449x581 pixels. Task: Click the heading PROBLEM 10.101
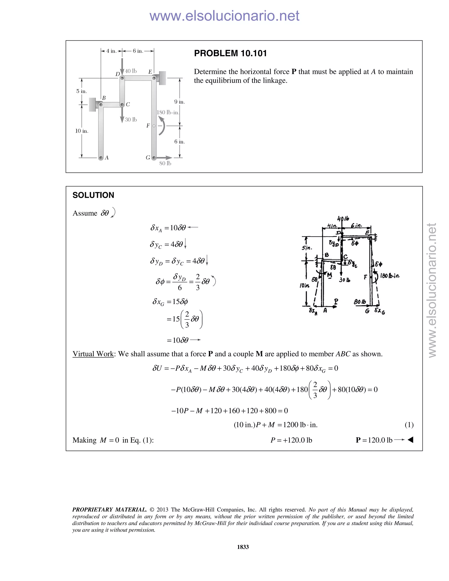230,53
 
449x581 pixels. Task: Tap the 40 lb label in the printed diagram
131,71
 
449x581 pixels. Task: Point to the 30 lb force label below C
131,120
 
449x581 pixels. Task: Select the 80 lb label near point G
165,163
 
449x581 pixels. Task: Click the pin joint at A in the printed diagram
101,158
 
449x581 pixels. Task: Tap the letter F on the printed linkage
148,126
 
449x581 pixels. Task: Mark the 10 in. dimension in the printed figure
82,131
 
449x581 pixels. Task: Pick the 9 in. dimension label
180,102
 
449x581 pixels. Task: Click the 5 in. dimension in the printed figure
82,91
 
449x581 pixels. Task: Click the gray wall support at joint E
162,78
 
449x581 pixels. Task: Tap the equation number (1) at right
409,425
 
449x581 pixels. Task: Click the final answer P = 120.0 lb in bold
374,440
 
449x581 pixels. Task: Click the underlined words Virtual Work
93,354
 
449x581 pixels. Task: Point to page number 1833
243,547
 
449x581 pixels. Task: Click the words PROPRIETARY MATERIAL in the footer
109,510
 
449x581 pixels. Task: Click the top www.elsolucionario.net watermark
224,16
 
